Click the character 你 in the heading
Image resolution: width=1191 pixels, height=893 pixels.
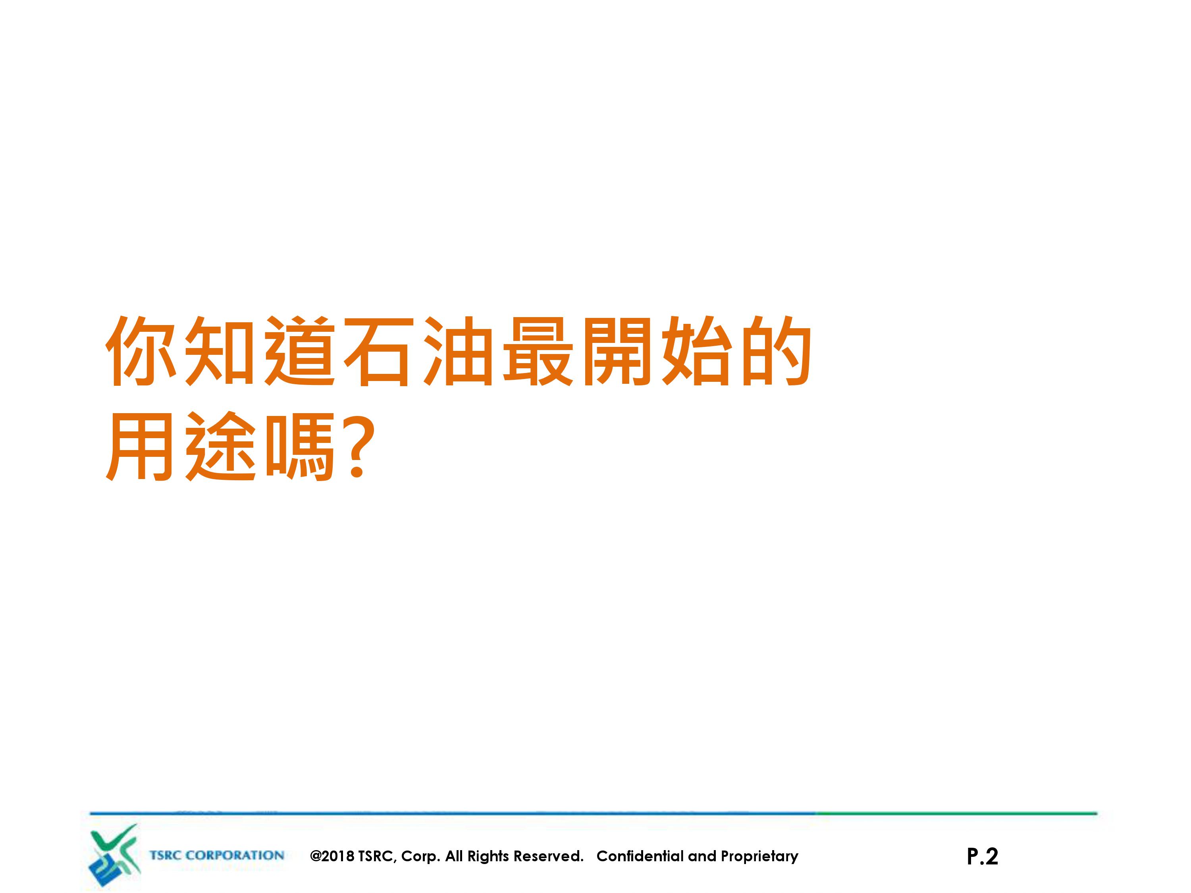coord(141,351)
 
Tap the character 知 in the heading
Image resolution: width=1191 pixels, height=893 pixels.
coord(220,351)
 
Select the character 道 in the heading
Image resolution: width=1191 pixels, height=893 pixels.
coord(299,351)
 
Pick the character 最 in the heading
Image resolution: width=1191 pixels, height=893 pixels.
coord(538,351)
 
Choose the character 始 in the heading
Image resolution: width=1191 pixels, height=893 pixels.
coord(697,351)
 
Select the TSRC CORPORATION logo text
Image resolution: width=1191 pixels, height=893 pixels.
coord(216,855)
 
